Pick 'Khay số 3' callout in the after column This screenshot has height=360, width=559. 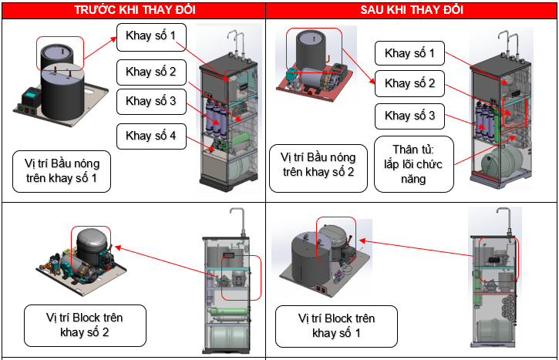(x=410, y=116)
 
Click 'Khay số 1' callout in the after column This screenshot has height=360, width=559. (x=410, y=53)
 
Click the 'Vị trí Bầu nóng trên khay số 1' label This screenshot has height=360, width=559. (x=62, y=171)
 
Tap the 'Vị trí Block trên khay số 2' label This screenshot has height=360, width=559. (x=85, y=325)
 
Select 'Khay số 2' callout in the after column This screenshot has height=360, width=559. (x=410, y=83)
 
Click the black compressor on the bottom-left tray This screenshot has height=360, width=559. (x=91, y=247)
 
